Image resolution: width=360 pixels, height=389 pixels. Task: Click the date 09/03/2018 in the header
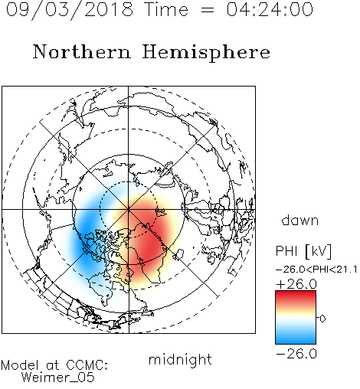click(x=70, y=10)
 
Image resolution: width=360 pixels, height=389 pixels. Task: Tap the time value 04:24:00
click(x=270, y=10)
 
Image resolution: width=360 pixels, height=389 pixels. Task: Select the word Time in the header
click(x=166, y=10)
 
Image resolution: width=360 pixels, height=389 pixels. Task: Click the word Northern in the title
click(x=82, y=52)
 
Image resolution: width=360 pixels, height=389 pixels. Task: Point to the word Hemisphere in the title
click(x=206, y=53)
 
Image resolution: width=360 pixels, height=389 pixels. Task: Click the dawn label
click(x=300, y=220)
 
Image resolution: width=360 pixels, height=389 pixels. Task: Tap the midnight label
click(x=180, y=360)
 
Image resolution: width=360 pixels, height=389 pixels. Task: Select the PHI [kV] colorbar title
click(x=303, y=251)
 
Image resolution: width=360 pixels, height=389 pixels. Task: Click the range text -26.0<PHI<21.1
click(x=316, y=270)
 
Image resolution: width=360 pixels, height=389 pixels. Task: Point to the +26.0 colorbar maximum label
click(x=296, y=284)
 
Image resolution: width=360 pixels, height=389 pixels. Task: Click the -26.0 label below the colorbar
click(x=296, y=354)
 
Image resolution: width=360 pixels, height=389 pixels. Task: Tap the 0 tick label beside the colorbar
click(x=322, y=319)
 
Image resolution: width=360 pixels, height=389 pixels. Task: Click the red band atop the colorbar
click(x=296, y=297)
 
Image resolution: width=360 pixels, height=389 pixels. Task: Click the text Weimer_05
click(x=58, y=378)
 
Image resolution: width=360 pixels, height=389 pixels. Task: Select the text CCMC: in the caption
click(x=87, y=365)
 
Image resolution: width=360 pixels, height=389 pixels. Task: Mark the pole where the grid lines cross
click(x=129, y=209)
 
